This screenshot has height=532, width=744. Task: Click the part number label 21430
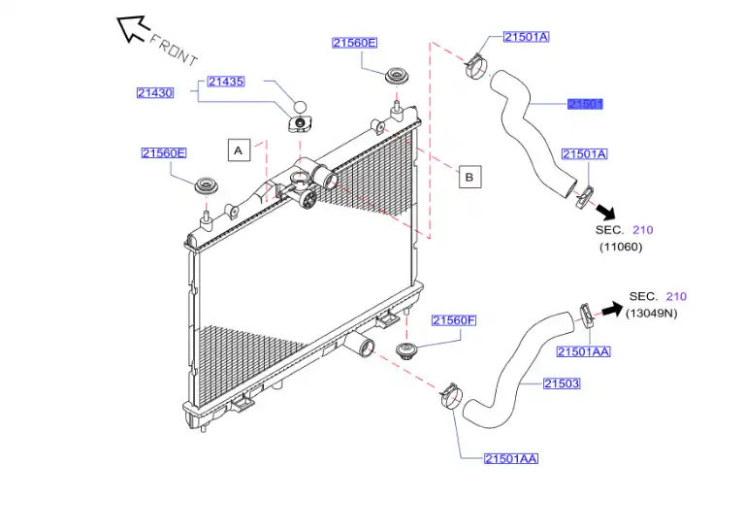154,93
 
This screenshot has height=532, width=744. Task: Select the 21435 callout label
226,82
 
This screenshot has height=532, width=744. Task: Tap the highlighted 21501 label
586,104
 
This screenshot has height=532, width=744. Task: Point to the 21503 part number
561,383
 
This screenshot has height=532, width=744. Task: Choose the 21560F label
454,320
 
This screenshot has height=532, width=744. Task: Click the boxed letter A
239,150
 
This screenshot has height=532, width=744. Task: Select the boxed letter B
469,177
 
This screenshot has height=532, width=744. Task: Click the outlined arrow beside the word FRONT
131,28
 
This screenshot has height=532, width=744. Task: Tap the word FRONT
174,46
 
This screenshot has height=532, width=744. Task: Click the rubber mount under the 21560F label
408,350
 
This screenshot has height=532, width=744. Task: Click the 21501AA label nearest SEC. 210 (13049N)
583,351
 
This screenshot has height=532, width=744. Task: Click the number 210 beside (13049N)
675,296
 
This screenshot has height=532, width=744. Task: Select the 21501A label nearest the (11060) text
584,153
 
